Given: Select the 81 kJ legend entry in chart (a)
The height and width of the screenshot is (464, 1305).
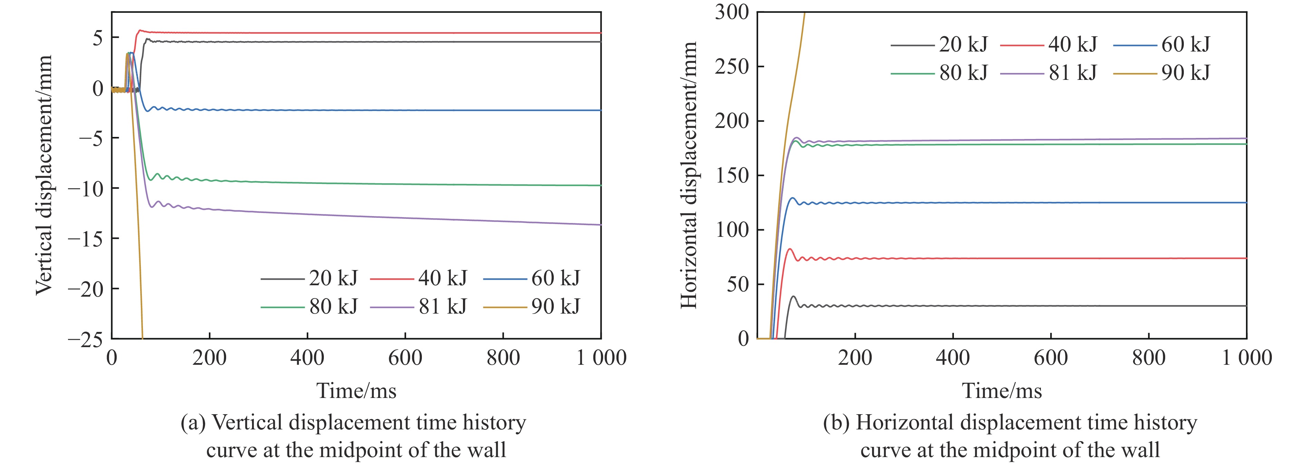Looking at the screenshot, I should tap(418, 306).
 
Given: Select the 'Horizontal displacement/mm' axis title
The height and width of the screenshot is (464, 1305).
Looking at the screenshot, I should tap(689, 175).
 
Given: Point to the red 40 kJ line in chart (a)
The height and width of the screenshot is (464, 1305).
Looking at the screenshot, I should tap(355, 33).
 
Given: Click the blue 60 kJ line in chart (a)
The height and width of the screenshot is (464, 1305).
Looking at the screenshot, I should tap(355, 110).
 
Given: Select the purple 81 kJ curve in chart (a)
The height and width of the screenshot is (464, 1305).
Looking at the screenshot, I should tap(355, 215).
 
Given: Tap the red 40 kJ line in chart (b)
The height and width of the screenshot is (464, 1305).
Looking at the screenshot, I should tap(1013, 258).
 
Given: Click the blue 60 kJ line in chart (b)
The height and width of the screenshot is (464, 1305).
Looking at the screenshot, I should tap(1013, 203).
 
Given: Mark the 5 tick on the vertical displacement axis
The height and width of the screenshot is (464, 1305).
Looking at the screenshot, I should tap(97, 38).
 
